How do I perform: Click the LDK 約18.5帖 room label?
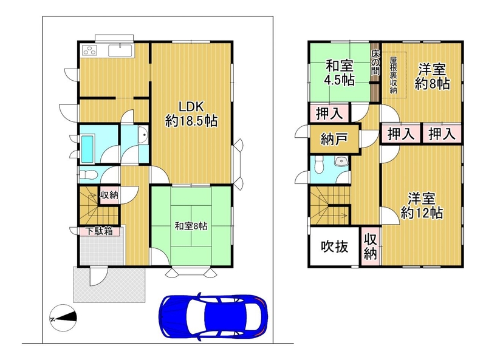[191, 114]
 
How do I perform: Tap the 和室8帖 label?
[191, 226]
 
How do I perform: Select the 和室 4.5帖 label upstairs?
[340, 73]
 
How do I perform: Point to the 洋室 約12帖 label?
[422, 206]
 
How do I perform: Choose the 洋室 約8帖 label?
[432, 76]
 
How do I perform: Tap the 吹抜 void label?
[335, 246]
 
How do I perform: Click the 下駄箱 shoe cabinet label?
[99, 231]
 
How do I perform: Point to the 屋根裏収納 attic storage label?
[393, 75]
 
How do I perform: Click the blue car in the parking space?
[213, 316]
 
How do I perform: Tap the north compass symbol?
[63, 318]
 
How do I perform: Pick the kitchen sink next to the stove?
[120, 50]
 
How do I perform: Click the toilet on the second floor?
[318, 165]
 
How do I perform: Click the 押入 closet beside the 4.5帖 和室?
[329, 113]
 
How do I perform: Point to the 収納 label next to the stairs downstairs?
[109, 195]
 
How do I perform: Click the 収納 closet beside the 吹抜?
[371, 246]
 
